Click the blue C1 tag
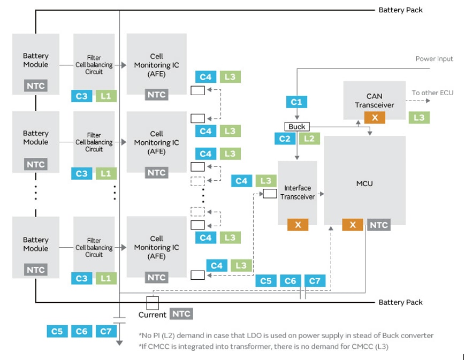(296, 101)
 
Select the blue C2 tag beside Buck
(285, 139)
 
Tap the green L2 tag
(309, 139)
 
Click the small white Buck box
(296, 127)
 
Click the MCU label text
(364, 183)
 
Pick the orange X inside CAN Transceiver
(375, 118)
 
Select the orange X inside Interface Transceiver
(298, 225)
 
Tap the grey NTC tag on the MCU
(378, 225)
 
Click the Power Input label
(434, 59)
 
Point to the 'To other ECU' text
(432, 93)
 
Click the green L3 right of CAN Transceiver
(419, 118)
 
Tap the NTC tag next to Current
(181, 314)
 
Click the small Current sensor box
(153, 303)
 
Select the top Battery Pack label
(400, 10)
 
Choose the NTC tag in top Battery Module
(36, 86)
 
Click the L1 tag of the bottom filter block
(105, 278)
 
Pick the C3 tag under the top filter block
(81, 96)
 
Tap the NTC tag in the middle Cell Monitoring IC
(156, 172)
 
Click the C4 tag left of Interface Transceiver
(241, 181)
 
